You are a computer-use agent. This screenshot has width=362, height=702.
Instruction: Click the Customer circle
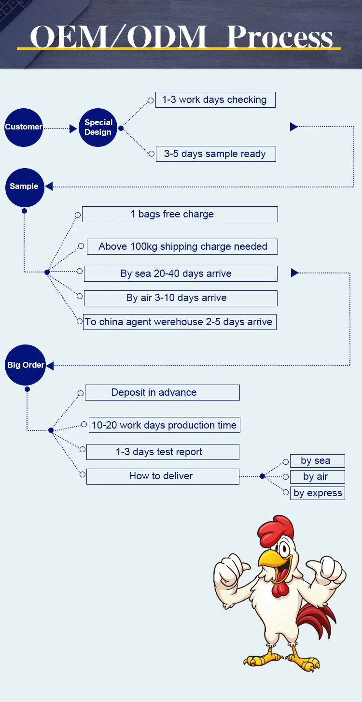tap(24, 128)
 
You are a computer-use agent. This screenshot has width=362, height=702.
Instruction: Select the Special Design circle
tap(98, 128)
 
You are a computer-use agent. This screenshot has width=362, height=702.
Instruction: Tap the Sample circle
tap(25, 186)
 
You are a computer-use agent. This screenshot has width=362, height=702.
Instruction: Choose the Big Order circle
tap(26, 365)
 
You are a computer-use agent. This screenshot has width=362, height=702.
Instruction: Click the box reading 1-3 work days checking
tap(215, 100)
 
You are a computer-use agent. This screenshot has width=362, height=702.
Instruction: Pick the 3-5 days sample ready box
tap(216, 154)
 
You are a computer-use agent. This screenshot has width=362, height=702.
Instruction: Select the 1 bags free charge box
tap(180, 214)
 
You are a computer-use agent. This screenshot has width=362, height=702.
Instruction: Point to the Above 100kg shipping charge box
tap(182, 246)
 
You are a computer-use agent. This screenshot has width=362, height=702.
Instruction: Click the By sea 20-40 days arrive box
tap(181, 273)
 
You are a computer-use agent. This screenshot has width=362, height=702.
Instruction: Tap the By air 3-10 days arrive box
tap(181, 298)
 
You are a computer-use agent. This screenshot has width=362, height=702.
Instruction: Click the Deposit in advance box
tap(162, 392)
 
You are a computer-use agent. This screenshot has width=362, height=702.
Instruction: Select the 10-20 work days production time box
tap(165, 425)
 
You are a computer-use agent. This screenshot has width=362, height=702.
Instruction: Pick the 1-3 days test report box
tap(163, 452)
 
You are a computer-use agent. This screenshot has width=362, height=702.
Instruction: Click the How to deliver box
tap(163, 476)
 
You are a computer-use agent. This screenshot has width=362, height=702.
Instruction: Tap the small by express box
tap(318, 493)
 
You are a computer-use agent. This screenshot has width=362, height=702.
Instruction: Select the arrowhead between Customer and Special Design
tap(73, 129)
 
